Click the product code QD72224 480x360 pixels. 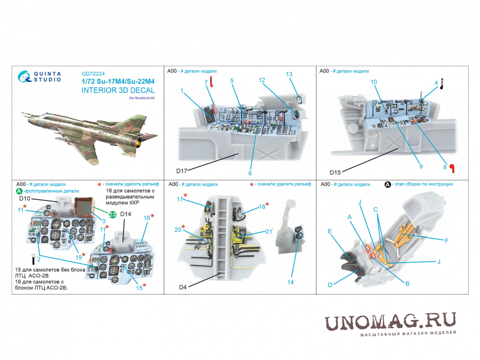[x=93, y=74]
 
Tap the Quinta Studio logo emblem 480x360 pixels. [x=24, y=77]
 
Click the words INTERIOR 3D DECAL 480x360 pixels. [x=118, y=90]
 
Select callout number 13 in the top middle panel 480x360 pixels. [x=289, y=74]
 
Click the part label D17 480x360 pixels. [x=182, y=171]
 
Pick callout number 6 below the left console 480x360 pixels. [x=250, y=173]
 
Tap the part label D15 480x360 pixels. [x=335, y=172]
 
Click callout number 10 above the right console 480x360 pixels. [x=374, y=82]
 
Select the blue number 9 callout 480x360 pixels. [x=421, y=166]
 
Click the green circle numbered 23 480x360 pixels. [x=112, y=215]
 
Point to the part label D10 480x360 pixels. [x=24, y=199]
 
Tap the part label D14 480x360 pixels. [x=126, y=214]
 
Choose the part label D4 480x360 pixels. [x=183, y=287]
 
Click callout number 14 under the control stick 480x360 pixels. [x=290, y=282]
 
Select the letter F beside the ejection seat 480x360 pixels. [x=446, y=241]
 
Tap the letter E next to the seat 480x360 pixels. [x=330, y=231]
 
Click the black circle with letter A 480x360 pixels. [x=388, y=184]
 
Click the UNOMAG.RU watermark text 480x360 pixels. [x=390, y=321]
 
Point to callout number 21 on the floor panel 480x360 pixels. [x=268, y=232]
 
